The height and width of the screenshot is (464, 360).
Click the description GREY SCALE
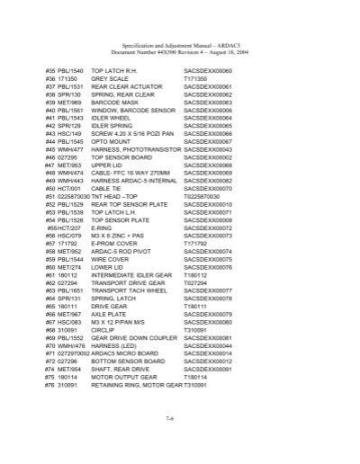point(110,78)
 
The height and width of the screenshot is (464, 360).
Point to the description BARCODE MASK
point(115,102)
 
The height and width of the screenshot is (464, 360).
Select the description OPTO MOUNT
point(112,141)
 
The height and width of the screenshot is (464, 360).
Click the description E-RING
point(101,228)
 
